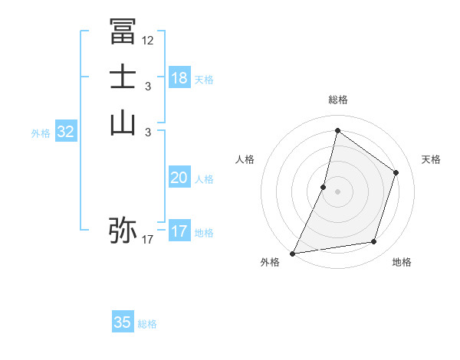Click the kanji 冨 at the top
[123, 31]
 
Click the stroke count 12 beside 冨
[147, 41]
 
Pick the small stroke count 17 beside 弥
[147, 240]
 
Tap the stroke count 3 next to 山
[147, 133]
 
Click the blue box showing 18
[179, 77]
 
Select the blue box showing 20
[179, 178]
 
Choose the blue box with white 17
[179, 231]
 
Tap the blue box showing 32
[66, 132]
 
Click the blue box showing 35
[123, 322]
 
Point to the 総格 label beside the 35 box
[147, 324]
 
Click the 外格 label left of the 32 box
[41, 133]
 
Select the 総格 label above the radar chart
[338, 100]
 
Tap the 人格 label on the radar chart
[245, 159]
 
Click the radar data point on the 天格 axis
[396, 172]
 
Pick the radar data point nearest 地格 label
[374, 241]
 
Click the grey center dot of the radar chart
[338, 191]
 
